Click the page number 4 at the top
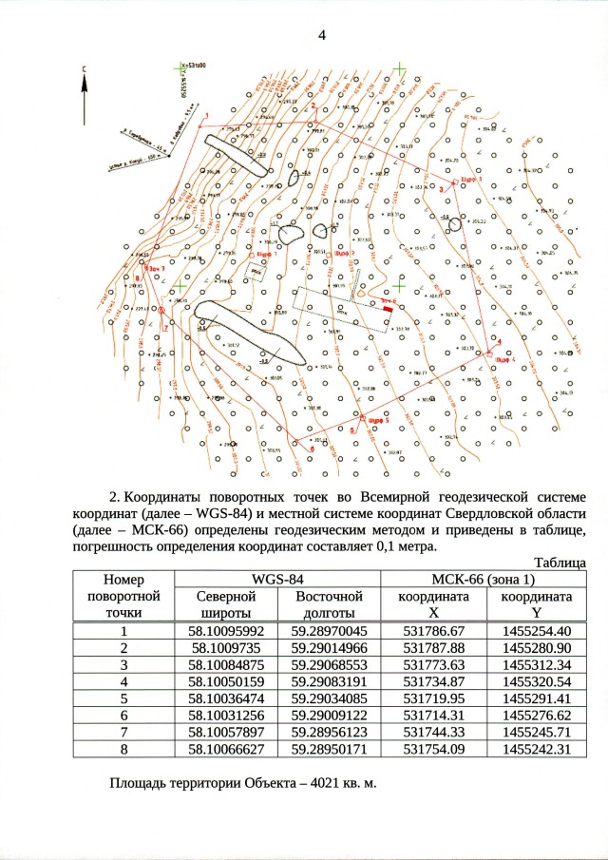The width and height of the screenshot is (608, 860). [321, 36]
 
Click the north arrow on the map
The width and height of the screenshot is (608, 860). [85, 95]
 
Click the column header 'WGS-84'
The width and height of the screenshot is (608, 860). [277, 578]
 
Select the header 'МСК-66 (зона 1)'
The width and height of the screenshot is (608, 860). [483, 578]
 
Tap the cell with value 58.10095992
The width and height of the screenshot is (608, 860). [225, 631]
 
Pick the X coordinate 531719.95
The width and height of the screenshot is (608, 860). [433, 698]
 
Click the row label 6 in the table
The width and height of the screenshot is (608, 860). [123, 715]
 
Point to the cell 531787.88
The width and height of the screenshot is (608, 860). [433, 647]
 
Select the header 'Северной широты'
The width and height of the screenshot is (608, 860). [225, 604]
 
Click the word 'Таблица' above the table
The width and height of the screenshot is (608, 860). [560, 562]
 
